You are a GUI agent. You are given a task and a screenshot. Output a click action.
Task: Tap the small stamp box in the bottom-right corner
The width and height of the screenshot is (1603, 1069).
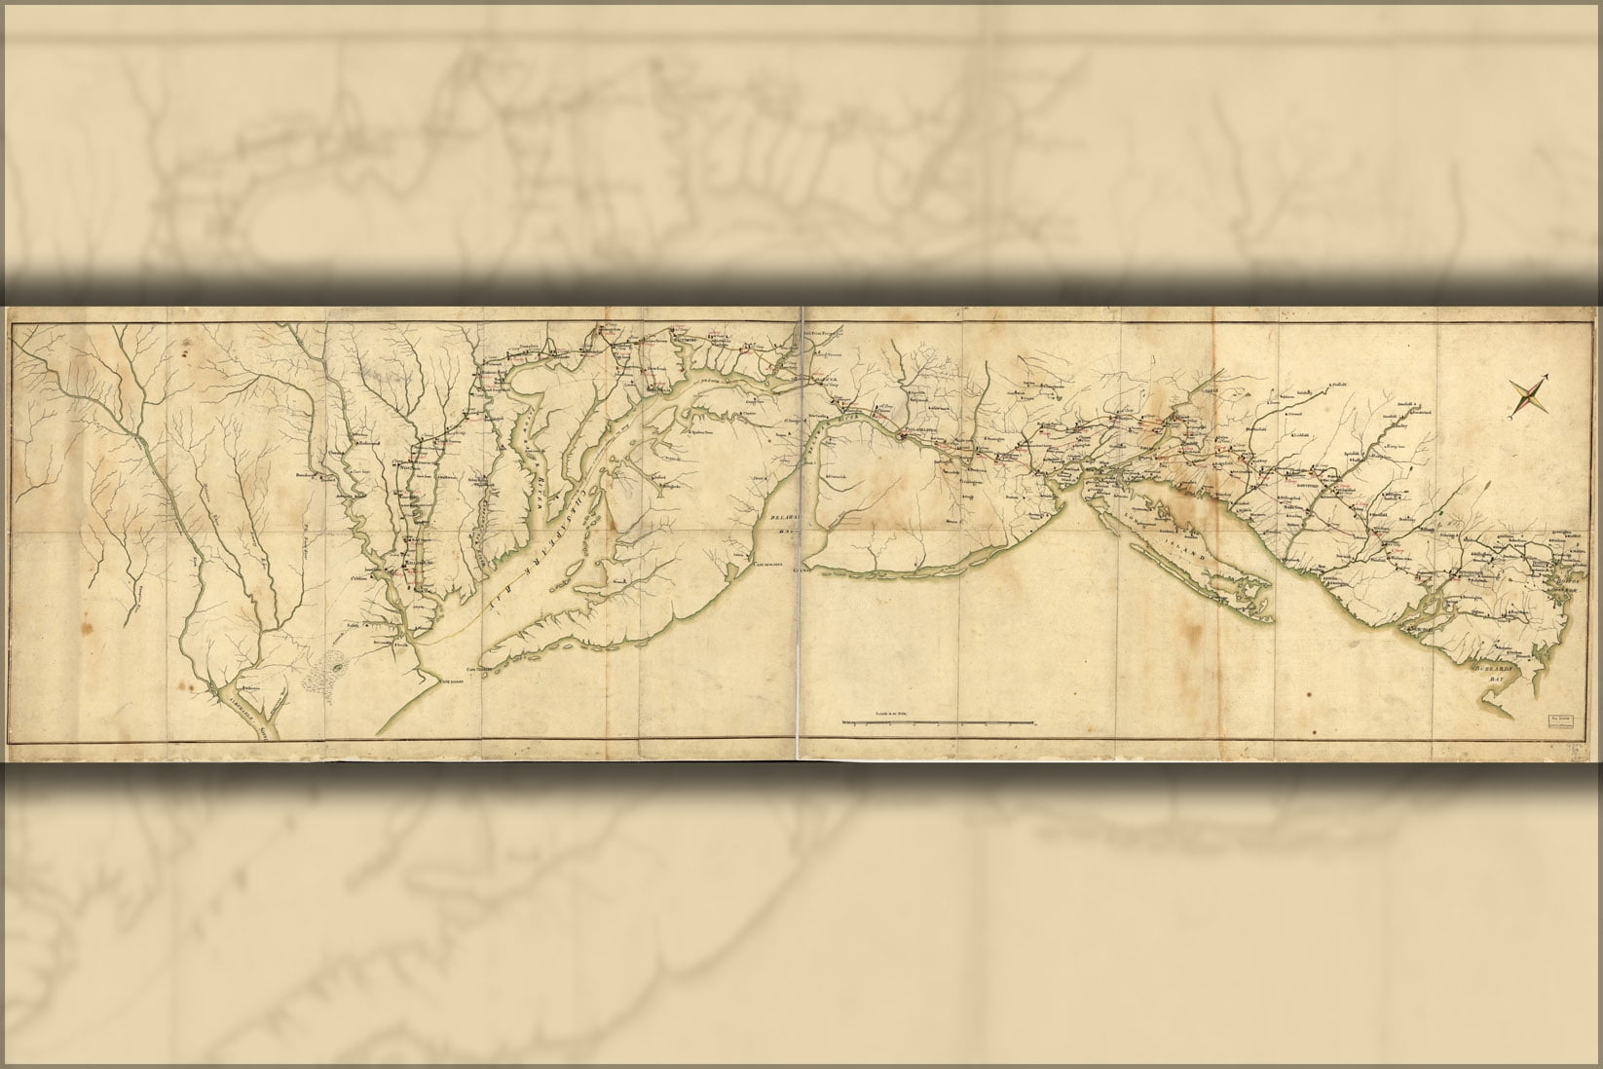point(1561,722)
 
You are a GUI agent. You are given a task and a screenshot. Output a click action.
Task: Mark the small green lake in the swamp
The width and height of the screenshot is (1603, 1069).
point(338,669)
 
